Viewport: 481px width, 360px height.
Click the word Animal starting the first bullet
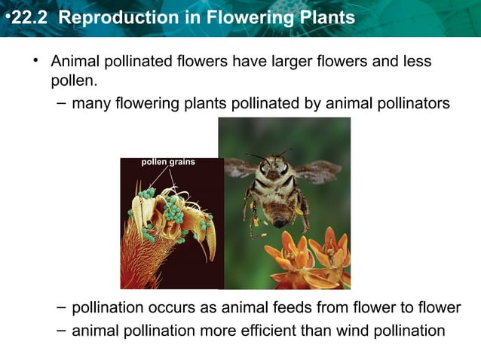point(74,61)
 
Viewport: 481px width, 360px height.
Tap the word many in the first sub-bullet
point(90,103)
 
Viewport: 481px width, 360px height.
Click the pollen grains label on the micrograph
point(168,162)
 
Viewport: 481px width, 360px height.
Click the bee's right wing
point(317,172)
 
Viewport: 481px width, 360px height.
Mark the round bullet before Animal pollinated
point(34,59)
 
